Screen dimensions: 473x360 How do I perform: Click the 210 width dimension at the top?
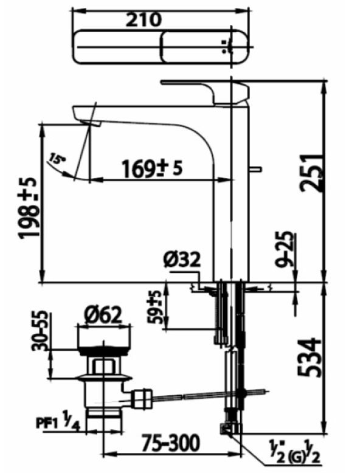[x=144, y=19]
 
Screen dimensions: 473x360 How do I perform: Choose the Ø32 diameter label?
[x=181, y=260]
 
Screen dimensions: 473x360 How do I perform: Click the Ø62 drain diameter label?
[x=103, y=314]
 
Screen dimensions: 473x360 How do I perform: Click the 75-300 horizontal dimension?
[x=166, y=445]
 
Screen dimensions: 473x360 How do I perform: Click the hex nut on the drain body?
[x=102, y=366]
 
